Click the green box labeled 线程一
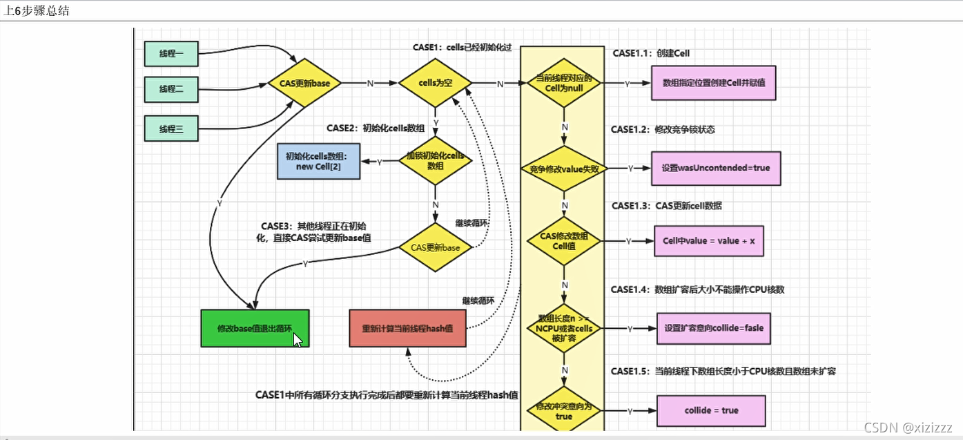171,53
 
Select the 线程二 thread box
171,89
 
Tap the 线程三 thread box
171,128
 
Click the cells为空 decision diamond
435,83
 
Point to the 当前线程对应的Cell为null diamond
564,83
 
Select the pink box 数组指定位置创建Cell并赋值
713,83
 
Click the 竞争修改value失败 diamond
564,168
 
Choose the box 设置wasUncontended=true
715,168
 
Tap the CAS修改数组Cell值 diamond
564,241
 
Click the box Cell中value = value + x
708,241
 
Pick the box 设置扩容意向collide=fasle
713,328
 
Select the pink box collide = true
711,410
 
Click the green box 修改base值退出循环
255,328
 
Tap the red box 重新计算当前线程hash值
408,328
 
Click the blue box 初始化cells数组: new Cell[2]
318,161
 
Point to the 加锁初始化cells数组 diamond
435,161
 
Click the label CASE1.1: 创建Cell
650,53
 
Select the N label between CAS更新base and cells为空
370,84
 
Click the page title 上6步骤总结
36,11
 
